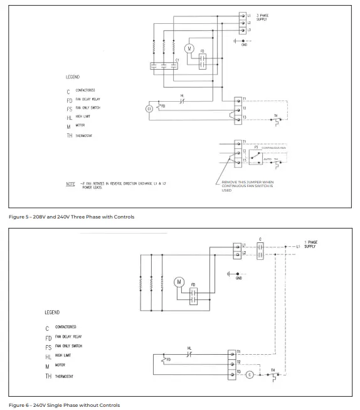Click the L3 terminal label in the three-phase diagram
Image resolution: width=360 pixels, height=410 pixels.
(x=249, y=30)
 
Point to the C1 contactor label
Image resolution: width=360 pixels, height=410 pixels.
(x=177, y=60)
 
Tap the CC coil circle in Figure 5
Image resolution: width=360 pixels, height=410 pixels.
(x=149, y=109)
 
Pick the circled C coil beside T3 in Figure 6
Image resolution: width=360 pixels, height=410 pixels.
(x=249, y=375)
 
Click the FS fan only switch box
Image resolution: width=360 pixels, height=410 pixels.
(x=257, y=156)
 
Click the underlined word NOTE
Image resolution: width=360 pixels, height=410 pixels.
(x=71, y=185)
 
